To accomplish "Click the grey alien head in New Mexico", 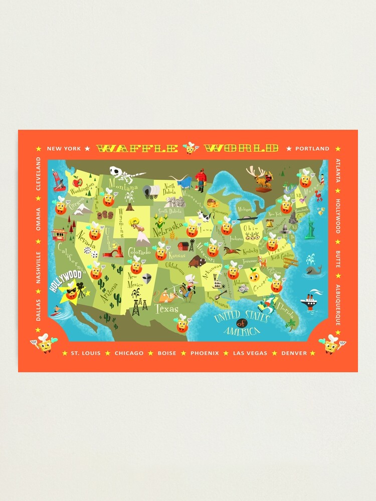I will (146, 279).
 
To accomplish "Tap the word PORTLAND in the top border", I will (312, 149).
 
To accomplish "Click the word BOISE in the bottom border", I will (167, 353).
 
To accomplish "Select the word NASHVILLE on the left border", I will (38, 268).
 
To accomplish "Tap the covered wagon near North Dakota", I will (151, 191).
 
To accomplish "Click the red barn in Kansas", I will (183, 246).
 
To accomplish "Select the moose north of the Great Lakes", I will (262, 179).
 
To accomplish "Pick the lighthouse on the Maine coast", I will (322, 178).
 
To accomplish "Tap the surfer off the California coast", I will (57, 315).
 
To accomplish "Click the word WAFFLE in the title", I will (137, 148).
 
